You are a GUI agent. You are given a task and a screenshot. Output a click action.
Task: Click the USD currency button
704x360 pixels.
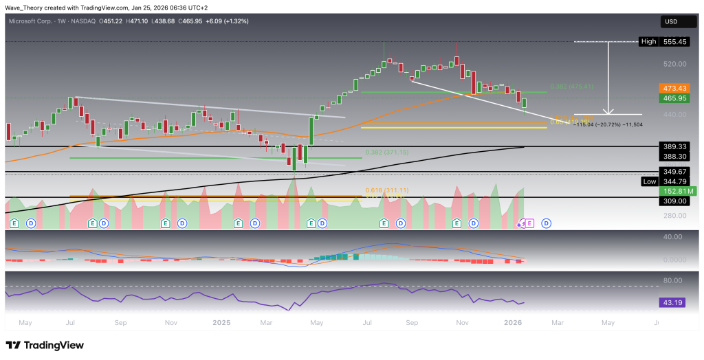point(671,22)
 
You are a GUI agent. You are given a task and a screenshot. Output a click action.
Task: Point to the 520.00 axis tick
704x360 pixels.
point(671,64)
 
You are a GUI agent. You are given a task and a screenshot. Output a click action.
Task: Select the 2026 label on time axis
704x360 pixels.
point(512,322)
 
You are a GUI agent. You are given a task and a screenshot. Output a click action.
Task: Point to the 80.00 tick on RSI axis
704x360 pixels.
point(671,280)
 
